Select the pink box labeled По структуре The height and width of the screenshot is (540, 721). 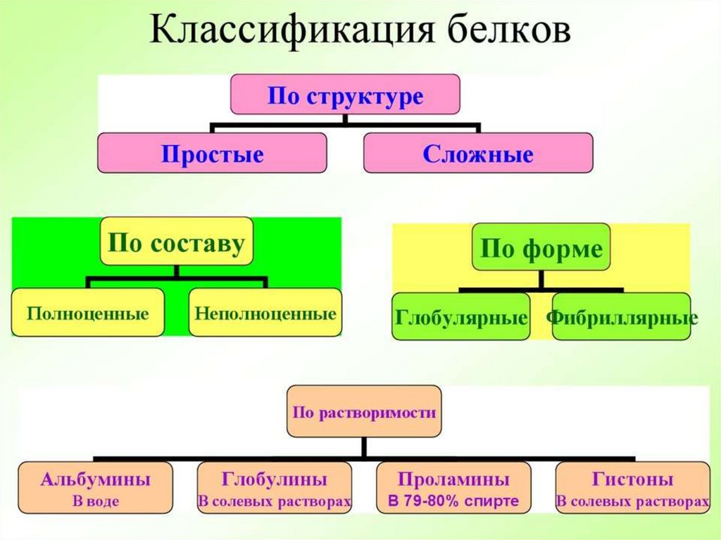point(345,95)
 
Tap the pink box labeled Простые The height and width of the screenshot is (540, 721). point(212,153)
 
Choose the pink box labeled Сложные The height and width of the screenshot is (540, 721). point(477,153)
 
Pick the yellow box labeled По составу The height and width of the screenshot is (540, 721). point(177,242)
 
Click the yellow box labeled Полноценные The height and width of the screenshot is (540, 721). point(88,312)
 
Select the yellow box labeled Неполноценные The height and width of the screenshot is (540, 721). point(265,312)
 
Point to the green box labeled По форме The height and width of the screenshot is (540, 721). point(541,249)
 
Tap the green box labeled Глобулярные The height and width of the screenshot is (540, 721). point(461,316)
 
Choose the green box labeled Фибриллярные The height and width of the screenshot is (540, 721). point(622,316)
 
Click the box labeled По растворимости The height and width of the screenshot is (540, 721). point(365,412)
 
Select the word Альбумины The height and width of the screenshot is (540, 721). point(95,480)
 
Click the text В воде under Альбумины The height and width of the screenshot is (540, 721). point(95,502)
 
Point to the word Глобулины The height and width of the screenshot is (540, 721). point(275,480)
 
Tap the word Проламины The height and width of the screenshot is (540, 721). point(453,480)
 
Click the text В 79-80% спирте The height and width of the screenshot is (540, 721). point(453,502)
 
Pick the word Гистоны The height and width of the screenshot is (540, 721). point(633,480)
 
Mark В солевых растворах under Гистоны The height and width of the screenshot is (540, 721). point(633,502)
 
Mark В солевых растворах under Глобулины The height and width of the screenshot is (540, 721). point(275,502)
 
